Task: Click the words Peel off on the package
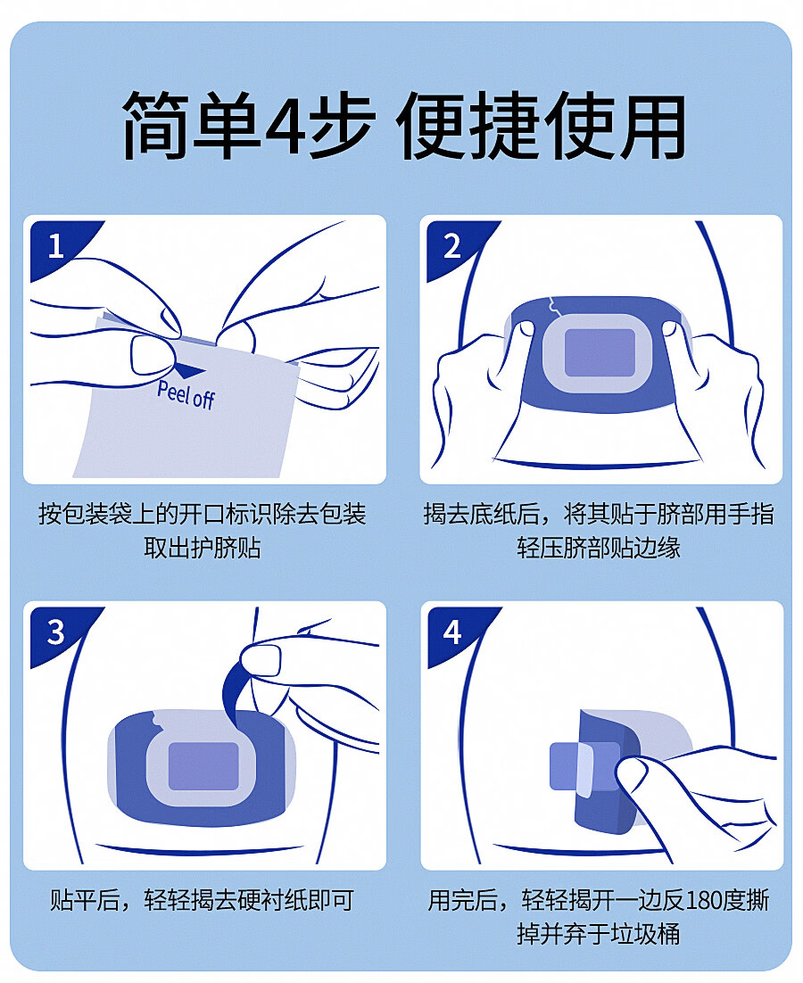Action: (186, 393)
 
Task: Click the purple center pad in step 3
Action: (203, 766)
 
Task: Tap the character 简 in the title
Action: (155, 124)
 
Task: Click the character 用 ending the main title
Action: (651, 124)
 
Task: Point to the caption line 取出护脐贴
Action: (203, 548)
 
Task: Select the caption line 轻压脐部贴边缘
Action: (599, 548)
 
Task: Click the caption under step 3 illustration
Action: (203, 901)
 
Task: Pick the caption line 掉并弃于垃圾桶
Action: (599, 934)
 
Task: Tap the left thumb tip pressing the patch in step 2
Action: (525, 328)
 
